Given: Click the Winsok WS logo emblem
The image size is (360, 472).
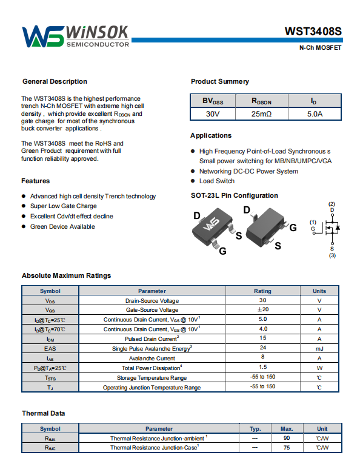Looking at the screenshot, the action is tap(43, 36).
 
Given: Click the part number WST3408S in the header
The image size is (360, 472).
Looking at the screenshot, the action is tap(313, 32).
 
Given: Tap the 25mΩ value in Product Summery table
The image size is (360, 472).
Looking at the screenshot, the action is tap(261, 114).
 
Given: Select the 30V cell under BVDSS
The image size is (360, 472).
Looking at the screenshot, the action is tap(213, 114).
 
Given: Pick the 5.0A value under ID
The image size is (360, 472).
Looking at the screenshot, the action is tap(315, 114).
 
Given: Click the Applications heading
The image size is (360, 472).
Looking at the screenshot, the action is tap(211, 135).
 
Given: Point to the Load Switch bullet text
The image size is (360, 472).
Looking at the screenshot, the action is tap(217, 181).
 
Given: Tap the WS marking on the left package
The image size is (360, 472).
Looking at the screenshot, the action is tap(211, 224).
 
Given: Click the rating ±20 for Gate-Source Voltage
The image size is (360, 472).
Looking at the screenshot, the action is tap(262, 309).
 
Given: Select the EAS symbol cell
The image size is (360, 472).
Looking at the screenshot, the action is tap(50, 349).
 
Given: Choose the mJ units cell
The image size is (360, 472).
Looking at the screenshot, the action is tap(319, 349).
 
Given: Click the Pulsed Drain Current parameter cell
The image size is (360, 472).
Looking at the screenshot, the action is tap(152, 339).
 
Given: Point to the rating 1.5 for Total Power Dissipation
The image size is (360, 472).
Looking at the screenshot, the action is tap(263, 367).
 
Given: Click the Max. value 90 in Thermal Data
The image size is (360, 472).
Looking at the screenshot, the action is tap(287, 438).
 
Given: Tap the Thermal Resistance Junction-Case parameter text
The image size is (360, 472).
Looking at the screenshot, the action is tap(155, 448).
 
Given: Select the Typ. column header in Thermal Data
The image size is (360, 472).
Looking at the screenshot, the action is tap(255, 429).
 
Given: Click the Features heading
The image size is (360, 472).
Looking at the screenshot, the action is tap(36, 181).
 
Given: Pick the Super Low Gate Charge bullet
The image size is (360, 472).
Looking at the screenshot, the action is tap(64, 206).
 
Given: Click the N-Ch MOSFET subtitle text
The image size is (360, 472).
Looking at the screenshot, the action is tap(320, 47).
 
